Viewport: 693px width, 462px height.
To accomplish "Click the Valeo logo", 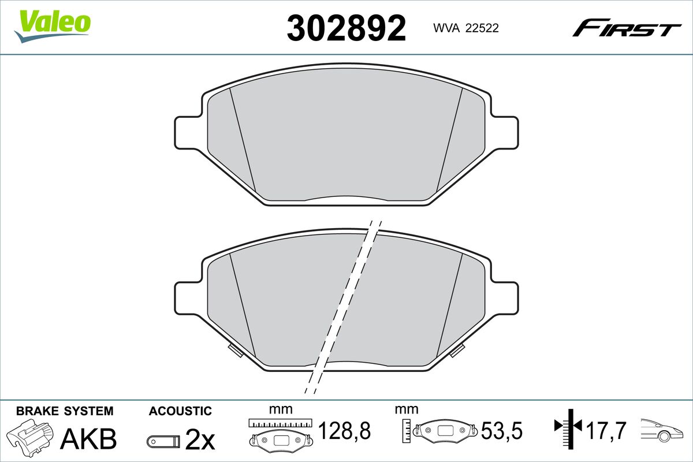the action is point(53,26).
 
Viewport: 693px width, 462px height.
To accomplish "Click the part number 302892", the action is point(346,28).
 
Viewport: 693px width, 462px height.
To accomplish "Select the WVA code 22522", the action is point(482,28).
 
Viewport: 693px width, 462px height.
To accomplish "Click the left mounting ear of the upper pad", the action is point(189,133).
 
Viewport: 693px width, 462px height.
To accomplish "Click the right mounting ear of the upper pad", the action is point(504,133).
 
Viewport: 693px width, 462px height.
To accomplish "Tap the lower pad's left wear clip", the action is point(235,351).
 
